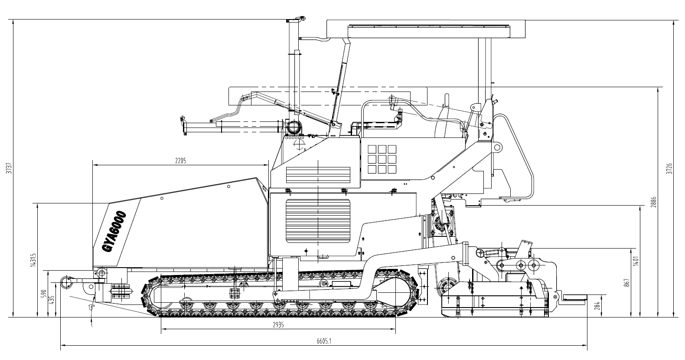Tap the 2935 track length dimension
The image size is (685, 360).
(x=278, y=326)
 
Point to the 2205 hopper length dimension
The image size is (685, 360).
(x=180, y=161)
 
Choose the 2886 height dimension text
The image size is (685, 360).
(x=654, y=202)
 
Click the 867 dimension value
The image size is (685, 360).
(x=626, y=282)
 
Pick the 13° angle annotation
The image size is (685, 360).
(x=91, y=307)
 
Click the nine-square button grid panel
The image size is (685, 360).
(x=382, y=159)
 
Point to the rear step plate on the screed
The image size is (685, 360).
(x=574, y=297)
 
